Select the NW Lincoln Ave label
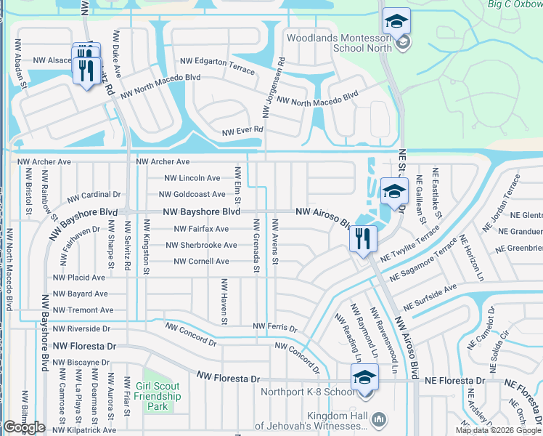click(x=192, y=178)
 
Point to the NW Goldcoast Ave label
click(x=195, y=195)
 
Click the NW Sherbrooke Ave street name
click(x=199, y=246)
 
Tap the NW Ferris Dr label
click(x=274, y=328)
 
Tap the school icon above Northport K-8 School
click(x=364, y=378)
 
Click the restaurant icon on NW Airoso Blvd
click(x=362, y=238)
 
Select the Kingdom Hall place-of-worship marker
click(x=378, y=419)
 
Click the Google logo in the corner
click(x=24, y=427)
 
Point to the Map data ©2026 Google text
click(x=498, y=430)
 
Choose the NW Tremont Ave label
click(x=83, y=310)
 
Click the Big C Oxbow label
click(x=516, y=4)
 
